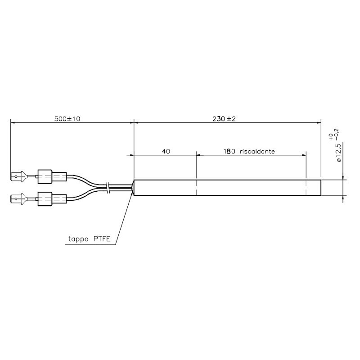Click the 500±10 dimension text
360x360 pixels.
pos(67,119)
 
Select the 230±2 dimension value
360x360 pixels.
pos(224,119)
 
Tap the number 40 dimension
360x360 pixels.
pos(166,151)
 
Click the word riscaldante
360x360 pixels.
pos(257,152)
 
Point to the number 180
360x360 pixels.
pos(229,151)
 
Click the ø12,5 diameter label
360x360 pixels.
pos(339,152)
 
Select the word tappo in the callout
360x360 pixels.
pos(78,239)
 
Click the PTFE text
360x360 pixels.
pos(102,239)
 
